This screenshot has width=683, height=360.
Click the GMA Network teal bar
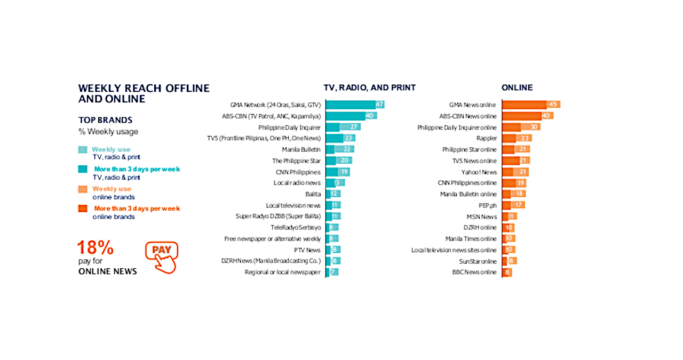point(354,105)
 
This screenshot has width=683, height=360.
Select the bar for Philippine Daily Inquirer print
point(343,127)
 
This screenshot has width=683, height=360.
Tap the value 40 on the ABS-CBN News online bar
point(545,116)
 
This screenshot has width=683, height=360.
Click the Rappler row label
point(486,138)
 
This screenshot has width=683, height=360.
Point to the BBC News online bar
point(507,273)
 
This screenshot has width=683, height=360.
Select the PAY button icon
point(161,257)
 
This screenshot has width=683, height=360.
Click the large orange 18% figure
point(95,247)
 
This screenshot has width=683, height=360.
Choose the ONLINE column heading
point(517,87)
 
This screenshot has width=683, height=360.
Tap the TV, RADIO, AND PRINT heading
point(369,87)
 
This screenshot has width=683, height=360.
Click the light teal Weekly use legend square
point(82,150)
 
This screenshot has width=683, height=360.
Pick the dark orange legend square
point(82,209)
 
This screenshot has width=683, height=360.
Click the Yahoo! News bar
point(515,172)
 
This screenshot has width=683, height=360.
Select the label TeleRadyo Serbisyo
point(296,228)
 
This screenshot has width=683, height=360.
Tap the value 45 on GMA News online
point(553,105)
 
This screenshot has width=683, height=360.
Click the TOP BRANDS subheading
point(105,120)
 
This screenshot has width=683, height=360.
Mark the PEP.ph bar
point(513,205)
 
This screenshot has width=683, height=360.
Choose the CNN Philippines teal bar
point(338,172)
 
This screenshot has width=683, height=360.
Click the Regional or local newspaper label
point(282,273)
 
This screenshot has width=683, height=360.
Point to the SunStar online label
point(478,261)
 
